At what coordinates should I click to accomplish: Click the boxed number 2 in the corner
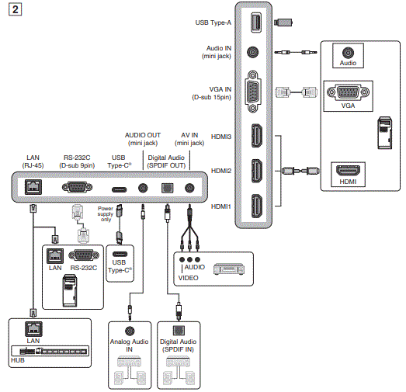[10, 10]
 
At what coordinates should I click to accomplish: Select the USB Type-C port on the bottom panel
[120, 188]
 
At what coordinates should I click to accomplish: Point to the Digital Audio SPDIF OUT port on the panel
[165, 187]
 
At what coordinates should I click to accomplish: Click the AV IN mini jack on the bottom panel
[189, 187]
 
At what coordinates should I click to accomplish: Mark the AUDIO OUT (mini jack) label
[142, 138]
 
